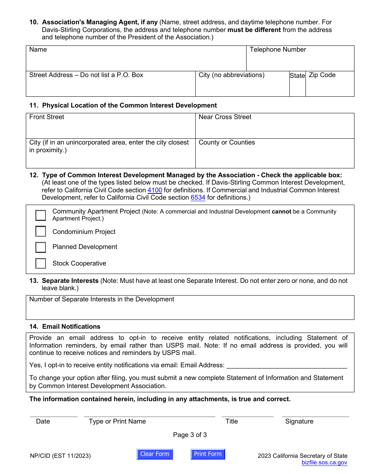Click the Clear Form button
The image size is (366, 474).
coord(154,454)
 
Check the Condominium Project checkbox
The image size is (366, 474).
coord(40,231)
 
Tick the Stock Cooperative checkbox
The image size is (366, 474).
coord(40,263)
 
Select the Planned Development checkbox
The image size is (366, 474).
coord(40,247)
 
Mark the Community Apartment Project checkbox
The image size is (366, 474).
coord(40,215)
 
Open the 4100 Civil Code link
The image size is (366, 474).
coord(154,190)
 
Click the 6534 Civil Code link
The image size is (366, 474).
coord(198,198)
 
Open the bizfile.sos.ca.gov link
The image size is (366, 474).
coord(324,462)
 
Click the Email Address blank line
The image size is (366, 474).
coord(287,365)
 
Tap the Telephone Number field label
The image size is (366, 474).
coord(278,50)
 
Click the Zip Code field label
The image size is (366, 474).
coord(322,75)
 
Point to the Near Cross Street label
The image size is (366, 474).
coord(225,117)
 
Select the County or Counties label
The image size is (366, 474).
coord(227,143)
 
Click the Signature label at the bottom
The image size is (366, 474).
coord(299,421)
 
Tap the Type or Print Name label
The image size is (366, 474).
coord(117,421)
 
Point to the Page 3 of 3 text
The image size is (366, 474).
coord(190,435)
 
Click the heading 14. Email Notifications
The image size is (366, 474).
coord(65,326)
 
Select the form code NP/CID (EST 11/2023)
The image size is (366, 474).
coord(60,456)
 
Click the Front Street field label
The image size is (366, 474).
coord(47,117)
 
